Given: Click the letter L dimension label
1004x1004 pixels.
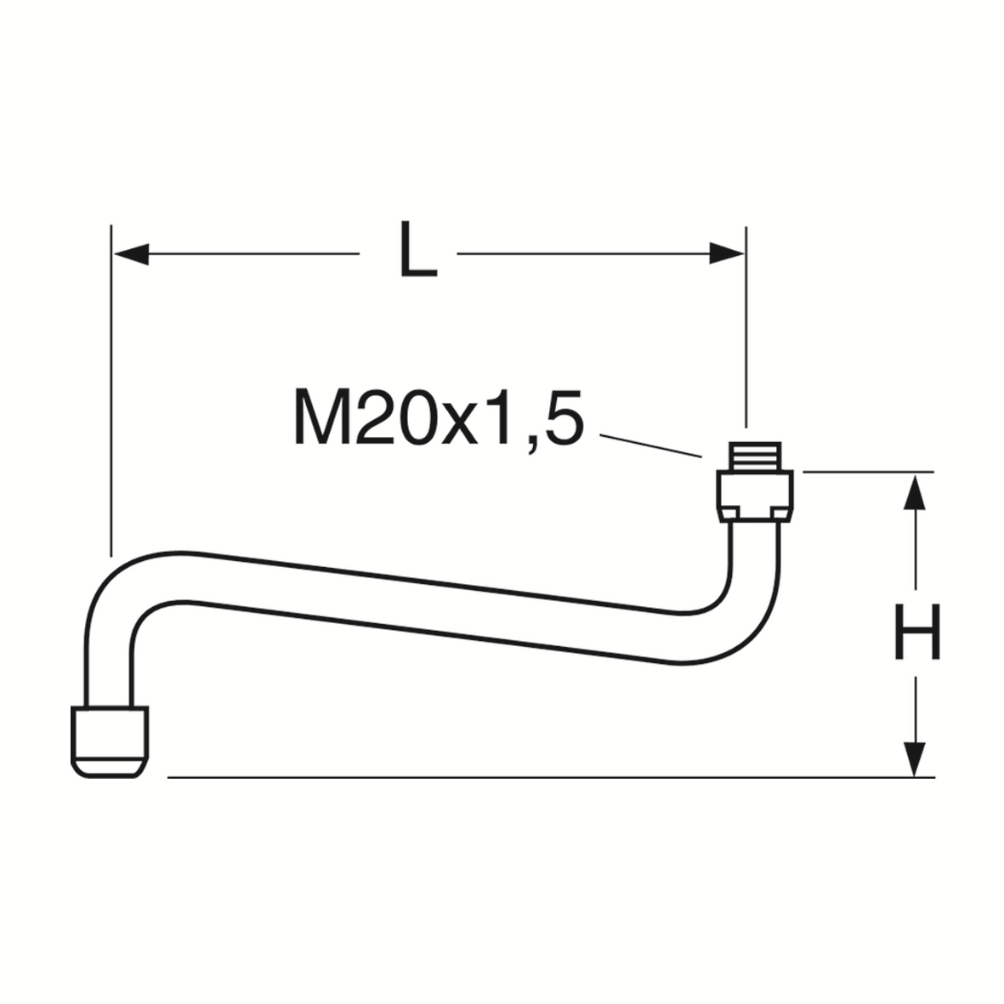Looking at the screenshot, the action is (x=417, y=249).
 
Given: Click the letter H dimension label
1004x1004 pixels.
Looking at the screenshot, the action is (x=917, y=632).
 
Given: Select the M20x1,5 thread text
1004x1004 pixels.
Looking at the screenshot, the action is (x=439, y=417).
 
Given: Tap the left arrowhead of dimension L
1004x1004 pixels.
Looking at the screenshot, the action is (x=131, y=254).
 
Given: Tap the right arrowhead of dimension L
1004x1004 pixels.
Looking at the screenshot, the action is (x=727, y=254).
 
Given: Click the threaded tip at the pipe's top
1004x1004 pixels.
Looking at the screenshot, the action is (x=756, y=456).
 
